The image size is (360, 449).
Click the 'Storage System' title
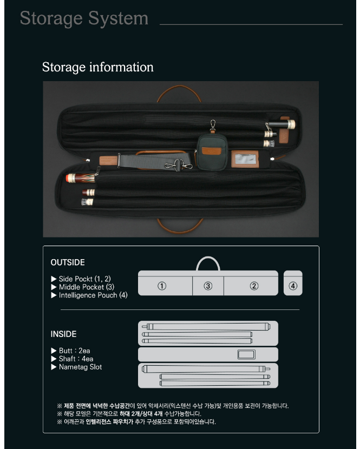[84, 18]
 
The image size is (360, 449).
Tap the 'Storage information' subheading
[98, 67]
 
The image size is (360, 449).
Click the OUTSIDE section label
[68, 262]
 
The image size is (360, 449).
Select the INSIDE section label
[63, 334]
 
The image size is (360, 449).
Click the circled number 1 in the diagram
[161, 286]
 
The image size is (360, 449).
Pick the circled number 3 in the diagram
[208, 286]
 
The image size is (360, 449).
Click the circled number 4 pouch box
[293, 286]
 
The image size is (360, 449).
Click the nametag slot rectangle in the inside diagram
[247, 355]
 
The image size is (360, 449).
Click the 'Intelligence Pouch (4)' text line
[89, 295]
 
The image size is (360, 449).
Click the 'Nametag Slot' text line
[76, 367]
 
